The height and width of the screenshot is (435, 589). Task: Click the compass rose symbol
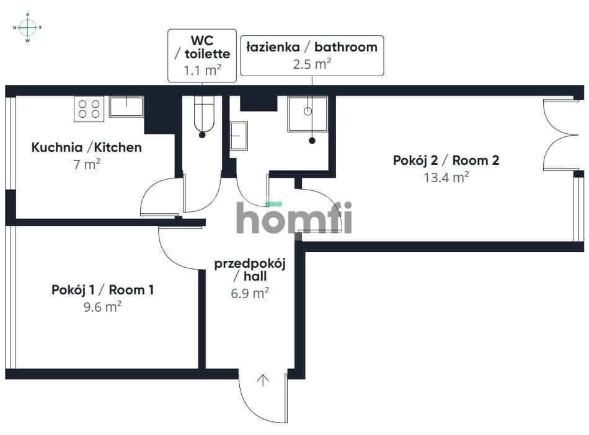pyautogui.click(x=27, y=27)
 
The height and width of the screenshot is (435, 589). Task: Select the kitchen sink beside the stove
pyautogui.click(x=126, y=107)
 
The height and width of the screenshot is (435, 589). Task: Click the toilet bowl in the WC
pyautogui.click(x=204, y=114)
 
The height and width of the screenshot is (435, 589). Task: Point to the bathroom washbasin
pyautogui.click(x=239, y=136)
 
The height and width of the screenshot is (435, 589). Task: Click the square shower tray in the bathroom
pyautogui.click(x=308, y=114)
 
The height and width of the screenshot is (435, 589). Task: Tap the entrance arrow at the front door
pyautogui.click(x=263, y=380)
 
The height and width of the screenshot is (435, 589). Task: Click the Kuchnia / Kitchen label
pyautogui.click(x=86, y=147)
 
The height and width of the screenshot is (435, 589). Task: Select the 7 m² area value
pyautogui.click(x=87, y=164)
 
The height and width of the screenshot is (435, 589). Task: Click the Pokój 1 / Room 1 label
pyautogui.click(x=102, y=290)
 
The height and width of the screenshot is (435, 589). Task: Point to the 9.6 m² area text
pyautogui.click(x=102, y=307)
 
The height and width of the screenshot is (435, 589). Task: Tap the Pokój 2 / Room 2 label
pyautogui.click(x=446, y=160)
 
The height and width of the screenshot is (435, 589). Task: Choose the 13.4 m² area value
pyautogui.click(x=446, y=177)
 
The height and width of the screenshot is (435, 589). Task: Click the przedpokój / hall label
pyautogui.click(x=250, y=270)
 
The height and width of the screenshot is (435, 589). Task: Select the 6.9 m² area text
pyautogui.click(x=250, y=292)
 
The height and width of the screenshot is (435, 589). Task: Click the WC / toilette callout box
pyautogui.click(x=202, y=56)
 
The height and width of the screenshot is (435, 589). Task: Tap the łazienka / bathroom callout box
pyautogui.click(x=312, y=56)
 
